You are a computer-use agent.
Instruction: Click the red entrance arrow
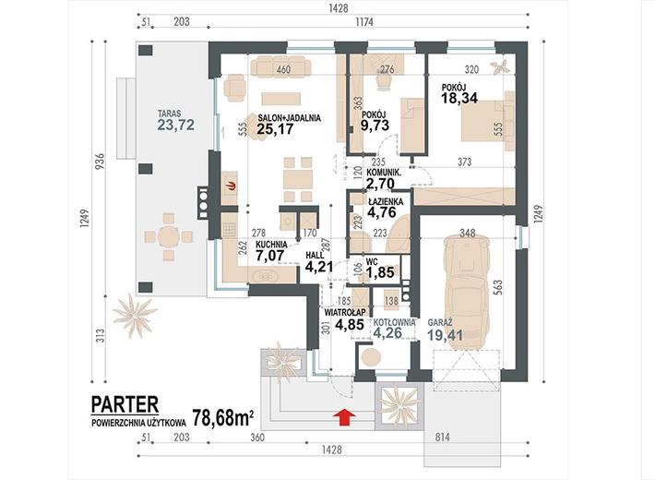345,417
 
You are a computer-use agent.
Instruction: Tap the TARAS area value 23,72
175,125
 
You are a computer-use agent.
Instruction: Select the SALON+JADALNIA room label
289,118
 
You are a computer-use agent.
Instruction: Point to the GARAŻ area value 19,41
446,335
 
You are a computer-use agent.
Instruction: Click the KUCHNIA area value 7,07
270,255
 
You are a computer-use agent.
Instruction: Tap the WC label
372,262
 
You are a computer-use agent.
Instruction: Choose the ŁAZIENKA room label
385,201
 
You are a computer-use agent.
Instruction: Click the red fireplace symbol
230,186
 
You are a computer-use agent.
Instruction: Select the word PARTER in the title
125,404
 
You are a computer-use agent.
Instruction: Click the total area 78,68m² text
223,417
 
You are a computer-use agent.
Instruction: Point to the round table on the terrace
168,237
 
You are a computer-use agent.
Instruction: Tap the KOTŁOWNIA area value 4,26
387,333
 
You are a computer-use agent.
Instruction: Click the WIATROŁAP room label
345,312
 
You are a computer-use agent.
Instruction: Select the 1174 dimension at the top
364,22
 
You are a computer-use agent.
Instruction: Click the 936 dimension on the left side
99,161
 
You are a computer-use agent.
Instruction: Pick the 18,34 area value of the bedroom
459,98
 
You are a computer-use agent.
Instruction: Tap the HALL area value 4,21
319,267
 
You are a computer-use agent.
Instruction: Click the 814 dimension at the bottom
443,438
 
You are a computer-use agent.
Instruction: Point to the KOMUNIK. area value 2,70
380,183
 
